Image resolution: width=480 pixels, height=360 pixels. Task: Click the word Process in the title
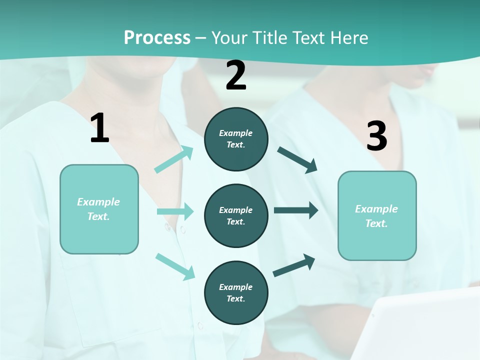(x=157, y=37)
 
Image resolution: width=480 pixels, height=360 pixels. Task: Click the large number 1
(x=99, y=128)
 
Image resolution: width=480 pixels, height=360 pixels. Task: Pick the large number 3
(x=376, y=136)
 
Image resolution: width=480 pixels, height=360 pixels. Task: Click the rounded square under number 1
(x=99, y=209)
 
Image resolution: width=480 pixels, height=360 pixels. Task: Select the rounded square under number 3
(x=377, y=216)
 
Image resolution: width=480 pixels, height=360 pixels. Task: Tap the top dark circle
(x=236, y=139)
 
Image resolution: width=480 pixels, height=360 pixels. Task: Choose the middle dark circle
(x=236, y=216)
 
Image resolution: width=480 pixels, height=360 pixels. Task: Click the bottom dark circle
(x=236, y=292)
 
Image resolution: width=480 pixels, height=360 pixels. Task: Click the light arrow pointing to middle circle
(x=175, y=211)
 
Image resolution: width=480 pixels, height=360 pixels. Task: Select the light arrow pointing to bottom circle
(x=175, y=266)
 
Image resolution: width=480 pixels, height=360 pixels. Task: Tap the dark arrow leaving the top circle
(x=297, y=159)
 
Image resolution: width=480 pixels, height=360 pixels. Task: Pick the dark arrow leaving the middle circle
(x=296, y=210)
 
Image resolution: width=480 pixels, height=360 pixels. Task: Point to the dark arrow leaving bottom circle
(x=294, y=265)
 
